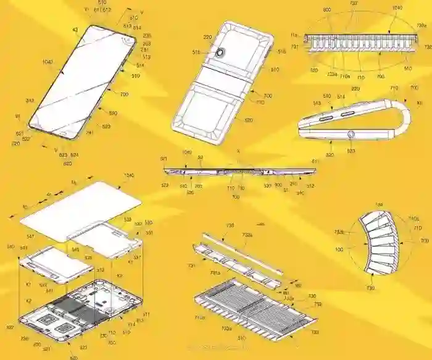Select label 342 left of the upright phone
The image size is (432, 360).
[x=29, y=100]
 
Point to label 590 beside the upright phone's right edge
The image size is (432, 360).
[x=113, y=114]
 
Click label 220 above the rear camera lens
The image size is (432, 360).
[x=207, y=37]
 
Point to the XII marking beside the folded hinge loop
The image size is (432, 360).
[x=420, y=103]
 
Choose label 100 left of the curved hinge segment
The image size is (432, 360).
[x=339, y=249]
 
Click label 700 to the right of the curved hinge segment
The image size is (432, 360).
[x=424, y=240]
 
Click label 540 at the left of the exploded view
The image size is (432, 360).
[x=10, y=246]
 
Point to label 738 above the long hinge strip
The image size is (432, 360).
[x=230, y=227]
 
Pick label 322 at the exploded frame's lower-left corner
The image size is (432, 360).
[x=10, y=326]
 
